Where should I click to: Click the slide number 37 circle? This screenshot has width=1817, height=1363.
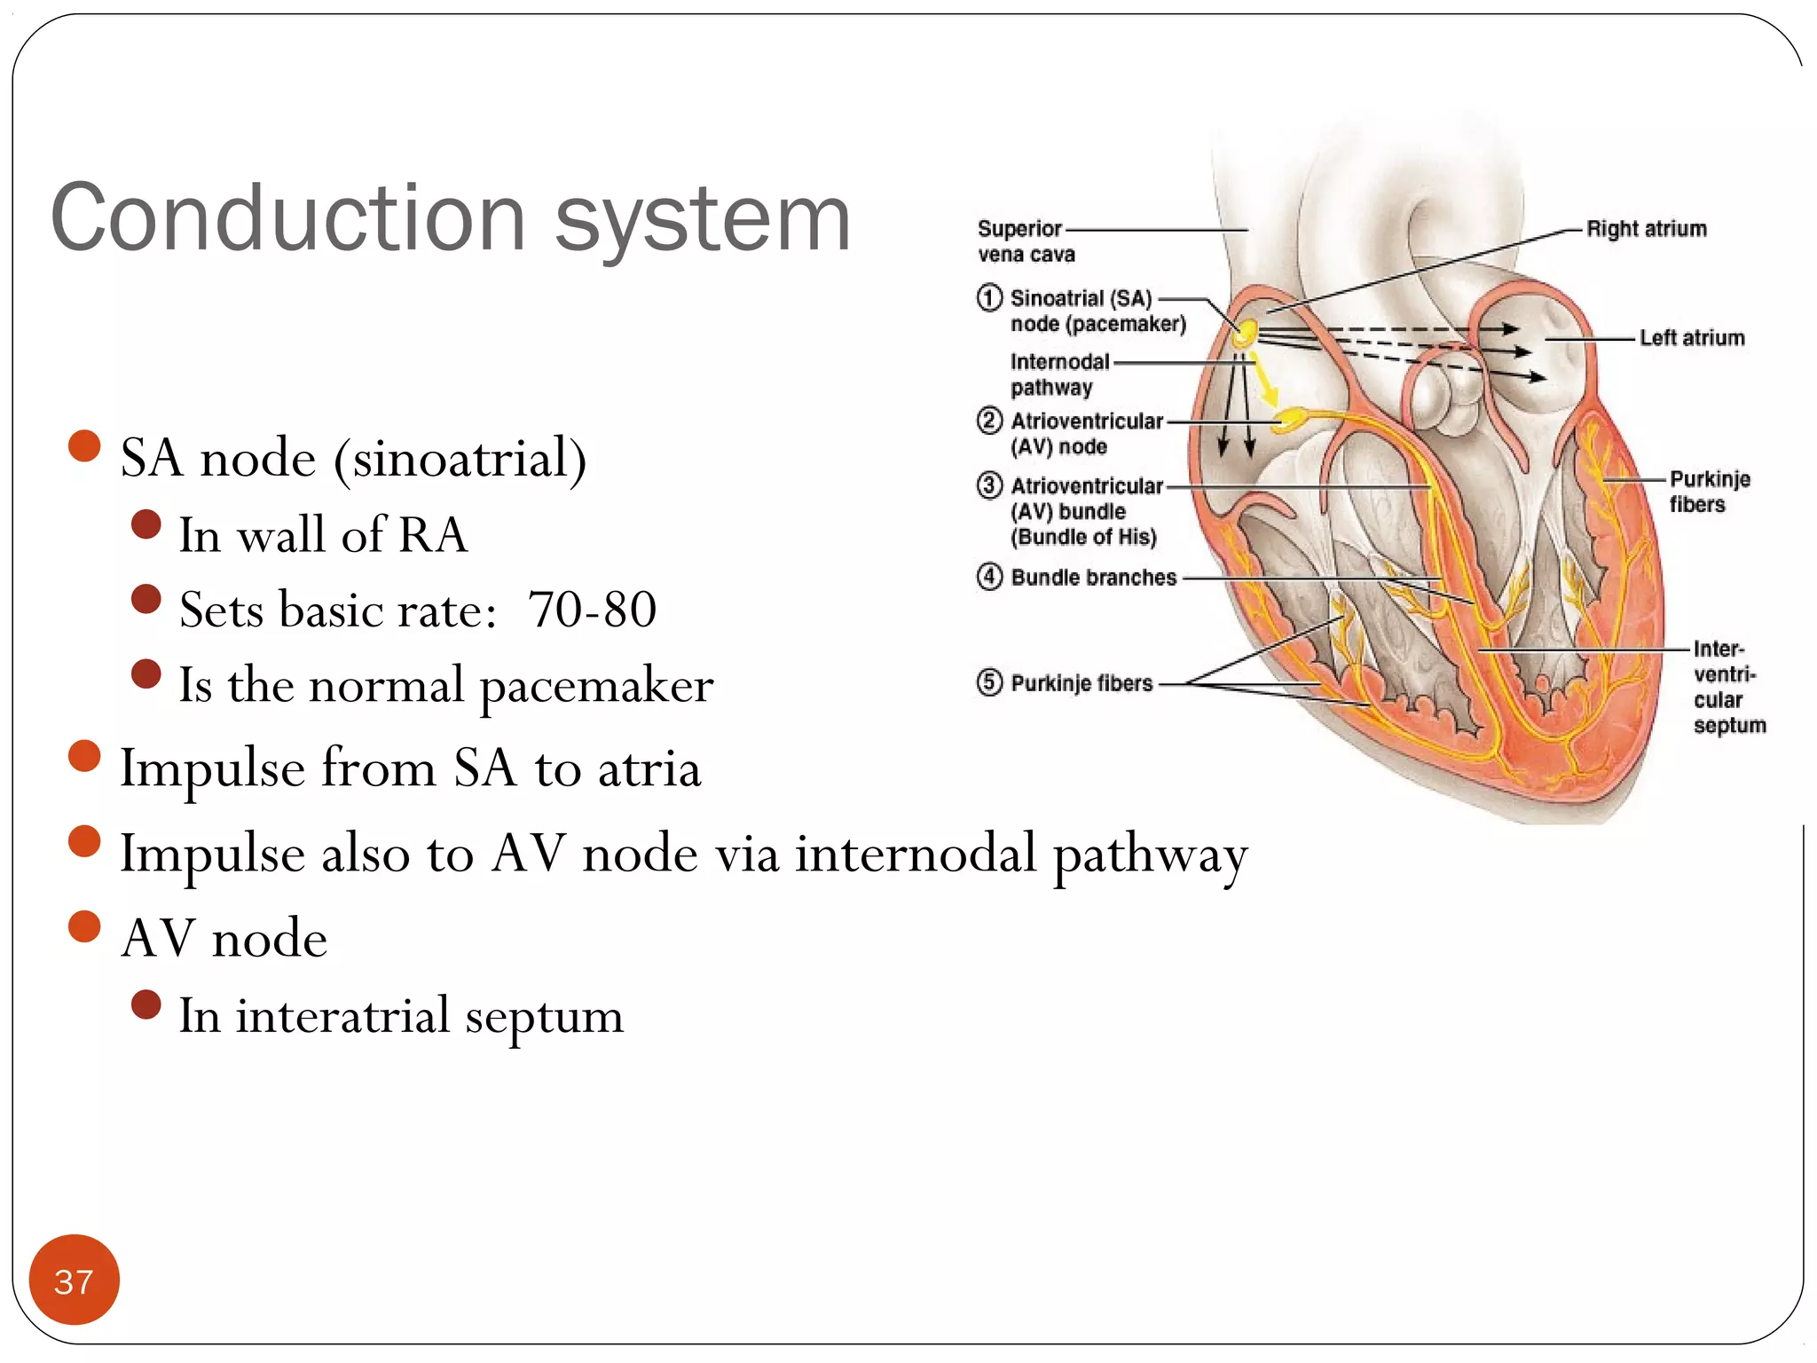tap(74, 1280)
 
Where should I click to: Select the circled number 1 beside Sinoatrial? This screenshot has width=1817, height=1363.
tap(989, 297)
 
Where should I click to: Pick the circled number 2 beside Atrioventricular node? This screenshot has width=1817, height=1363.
tap(989, 420)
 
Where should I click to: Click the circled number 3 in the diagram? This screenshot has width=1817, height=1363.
tap(989, 485)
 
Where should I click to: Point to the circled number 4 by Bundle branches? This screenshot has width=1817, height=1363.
tap(989, 577)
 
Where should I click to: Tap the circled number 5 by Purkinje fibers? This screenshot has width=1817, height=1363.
tap(989, 682)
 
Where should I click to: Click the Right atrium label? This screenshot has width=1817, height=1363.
tap(1646, 229)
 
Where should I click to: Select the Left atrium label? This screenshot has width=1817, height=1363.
tap(1691, 338)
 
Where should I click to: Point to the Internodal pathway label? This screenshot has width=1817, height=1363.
tap(1058, 374)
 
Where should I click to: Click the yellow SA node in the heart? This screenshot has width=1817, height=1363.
tap(1246, 334)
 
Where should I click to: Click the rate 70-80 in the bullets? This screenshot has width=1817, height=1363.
tap(592, 610)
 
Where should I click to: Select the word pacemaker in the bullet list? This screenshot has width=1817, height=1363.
tap(596, 686)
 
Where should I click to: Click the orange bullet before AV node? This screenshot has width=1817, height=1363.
tap(84, 926)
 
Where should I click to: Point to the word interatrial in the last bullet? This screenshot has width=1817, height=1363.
tap(342, 1015)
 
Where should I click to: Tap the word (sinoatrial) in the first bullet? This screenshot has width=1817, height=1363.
tap(460, 460)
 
